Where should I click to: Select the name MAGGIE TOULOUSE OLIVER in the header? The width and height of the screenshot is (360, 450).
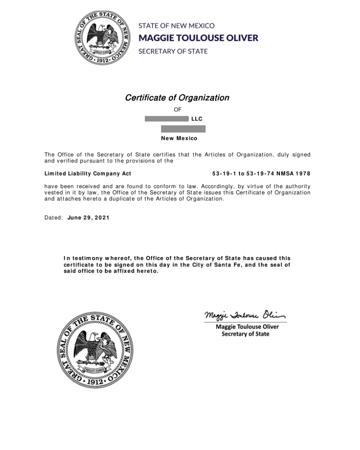(x=198, y=37)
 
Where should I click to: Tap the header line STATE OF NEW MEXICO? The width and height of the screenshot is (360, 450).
(x=176, y=26)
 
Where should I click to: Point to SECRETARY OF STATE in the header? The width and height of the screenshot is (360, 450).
(x=173, y=51)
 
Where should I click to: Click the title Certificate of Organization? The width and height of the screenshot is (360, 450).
(x=177, y=98)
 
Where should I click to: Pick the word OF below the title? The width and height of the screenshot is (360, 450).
(x=177, y=109)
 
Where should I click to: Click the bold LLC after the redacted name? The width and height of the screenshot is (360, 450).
(x=197, y=119)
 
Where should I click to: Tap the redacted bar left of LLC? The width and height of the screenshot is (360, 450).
(x=166, y=119)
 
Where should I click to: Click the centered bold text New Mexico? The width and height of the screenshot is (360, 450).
(x=179, y=138)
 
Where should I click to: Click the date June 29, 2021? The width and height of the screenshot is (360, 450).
(x=88, y=218)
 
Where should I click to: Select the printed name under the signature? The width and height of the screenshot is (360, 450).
(x=247, y=327)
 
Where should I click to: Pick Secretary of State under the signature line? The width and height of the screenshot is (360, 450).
(x=245, y=334)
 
